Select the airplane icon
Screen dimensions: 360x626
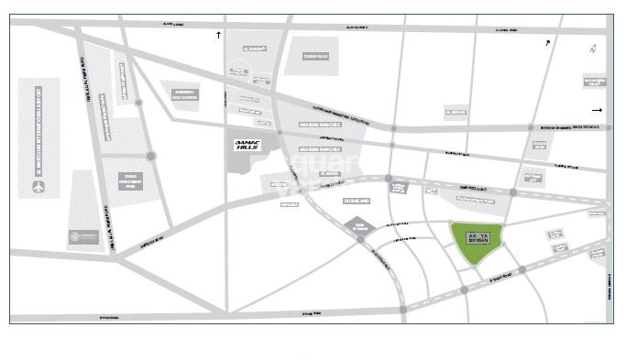coord(38,188)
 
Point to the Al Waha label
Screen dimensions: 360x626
coord(331,172)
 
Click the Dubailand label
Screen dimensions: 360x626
coord(356,199)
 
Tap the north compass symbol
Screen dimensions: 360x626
coord(593,49)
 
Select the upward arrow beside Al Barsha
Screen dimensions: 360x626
coord(218,34)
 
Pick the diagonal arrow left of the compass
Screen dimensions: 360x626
coord(548,42)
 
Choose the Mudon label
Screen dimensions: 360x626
coord(280,185)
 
